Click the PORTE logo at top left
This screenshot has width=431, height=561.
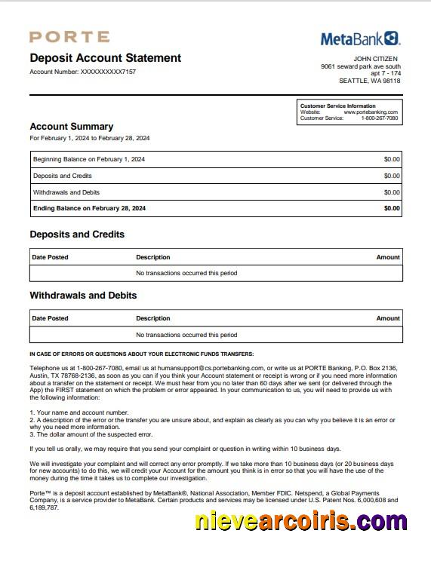coord(69,37)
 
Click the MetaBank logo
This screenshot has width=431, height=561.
coord(360,38)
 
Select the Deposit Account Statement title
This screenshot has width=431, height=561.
coord(105,58)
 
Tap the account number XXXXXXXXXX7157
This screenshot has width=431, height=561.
coord(108,72)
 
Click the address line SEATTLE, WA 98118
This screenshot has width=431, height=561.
coord(369,81)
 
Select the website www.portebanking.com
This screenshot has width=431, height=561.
coord(371,112)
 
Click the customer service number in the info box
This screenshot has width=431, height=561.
coord(379,118)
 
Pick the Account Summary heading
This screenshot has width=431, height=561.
coord(71,127)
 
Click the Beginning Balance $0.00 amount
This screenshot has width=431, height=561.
coord(392,159)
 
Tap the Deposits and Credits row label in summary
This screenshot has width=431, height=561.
coord(62,176)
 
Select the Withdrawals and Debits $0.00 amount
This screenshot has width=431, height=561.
coord(392,192)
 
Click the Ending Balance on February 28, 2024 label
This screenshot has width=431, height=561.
coord(89,208)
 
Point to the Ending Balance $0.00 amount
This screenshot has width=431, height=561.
coord(392,208)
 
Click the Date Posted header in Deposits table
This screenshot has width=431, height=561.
coord(50,257)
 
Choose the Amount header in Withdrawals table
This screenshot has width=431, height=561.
coord(388,318)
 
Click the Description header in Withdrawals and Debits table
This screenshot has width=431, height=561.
coord(153,318)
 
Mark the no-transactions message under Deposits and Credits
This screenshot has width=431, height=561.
coord(186,273)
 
